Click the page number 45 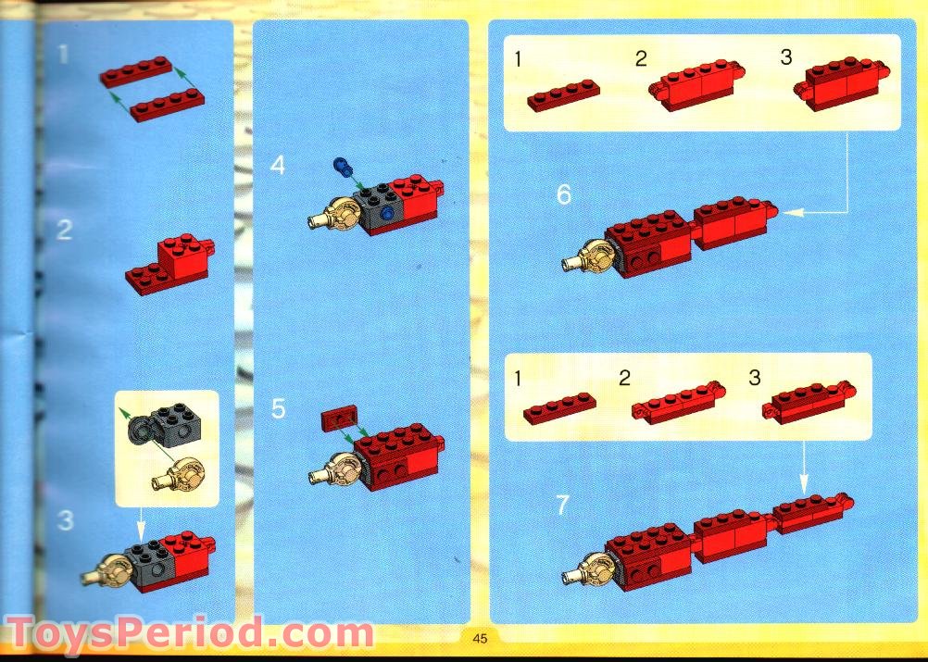click(x=479, y=637)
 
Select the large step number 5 click(x=279, y=409)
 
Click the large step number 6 click(x=564, y=195)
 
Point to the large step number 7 click(x=563, y=506)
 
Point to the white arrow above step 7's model click(x=803, y=467)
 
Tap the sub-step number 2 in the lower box click(x=625, y=378)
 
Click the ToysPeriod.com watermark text click(x=190, y=635)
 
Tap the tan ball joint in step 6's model click(x=590, y=256)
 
